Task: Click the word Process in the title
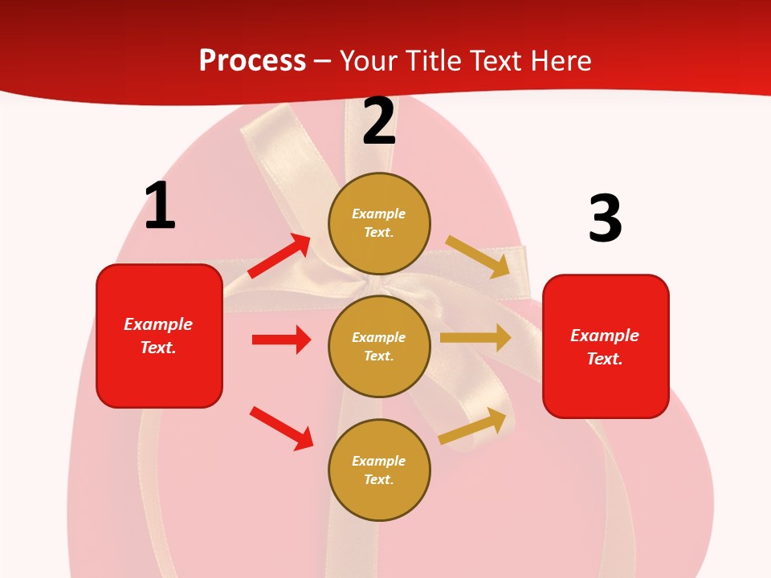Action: [x=252, y=61]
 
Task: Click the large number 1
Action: [x=160, y=206]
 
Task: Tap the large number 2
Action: [x=379, y=121]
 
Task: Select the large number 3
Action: [x=605, y=218]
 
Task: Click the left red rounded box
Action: [x=159, y=336]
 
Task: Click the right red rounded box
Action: [x=606, y=347]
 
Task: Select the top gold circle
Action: [x=379, y=223]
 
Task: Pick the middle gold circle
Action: [x=379, y=346]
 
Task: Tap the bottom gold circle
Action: [x=379, y=470]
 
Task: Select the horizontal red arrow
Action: [x=281, y=340]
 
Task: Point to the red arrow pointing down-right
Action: [x=282, y=428]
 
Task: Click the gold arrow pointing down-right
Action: [x=477, y=256]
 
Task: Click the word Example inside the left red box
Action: [x=158, y=324]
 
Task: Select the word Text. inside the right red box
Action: [x=605, y=359]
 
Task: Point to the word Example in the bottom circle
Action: [x=379, y=461]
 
